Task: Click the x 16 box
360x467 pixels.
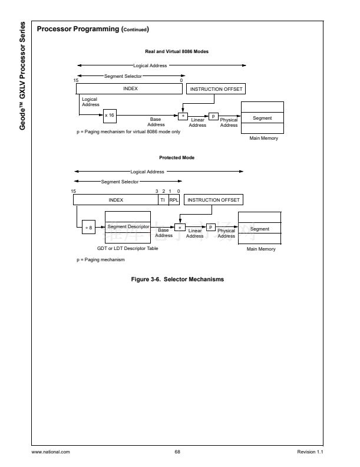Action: pyautogui.click(x=110, y=116)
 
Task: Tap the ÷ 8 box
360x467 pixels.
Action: pyautogui.click(x=88, y=227)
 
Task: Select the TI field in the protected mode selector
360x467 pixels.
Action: pyautogui.click(x=162, y=200)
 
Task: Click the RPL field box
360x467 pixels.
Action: pyautogui.click(x=173, y=200)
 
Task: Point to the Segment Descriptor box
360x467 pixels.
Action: pyautogui.click(x=127, y=226)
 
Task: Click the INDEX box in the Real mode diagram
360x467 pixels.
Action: pyautogui.click(x=130, y=88)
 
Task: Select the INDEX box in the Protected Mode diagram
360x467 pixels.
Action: pyautogui.click(x=115, y=200)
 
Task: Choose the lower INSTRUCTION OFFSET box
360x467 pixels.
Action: pyautogui.click(x=214, y=200)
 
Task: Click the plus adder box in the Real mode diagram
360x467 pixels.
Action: pyautogui.click(x=182, y=116)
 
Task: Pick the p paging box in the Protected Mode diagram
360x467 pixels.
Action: pyautogui.click(x=211, y=227)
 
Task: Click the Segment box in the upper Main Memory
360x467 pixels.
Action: pyautogui.click(x=262, y=118)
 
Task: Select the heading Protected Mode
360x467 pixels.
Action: pyautogui.click(x=177, y=157)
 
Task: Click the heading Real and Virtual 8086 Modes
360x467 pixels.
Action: pyautogui.click(x=177, y=51)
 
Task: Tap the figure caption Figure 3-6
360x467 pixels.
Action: pyautogui.click(x=177, y=279)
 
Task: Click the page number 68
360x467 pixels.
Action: pyautogui.click(x=177, y=452)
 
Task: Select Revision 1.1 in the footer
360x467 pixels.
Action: pyautogui.click(x=311, y=452)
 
